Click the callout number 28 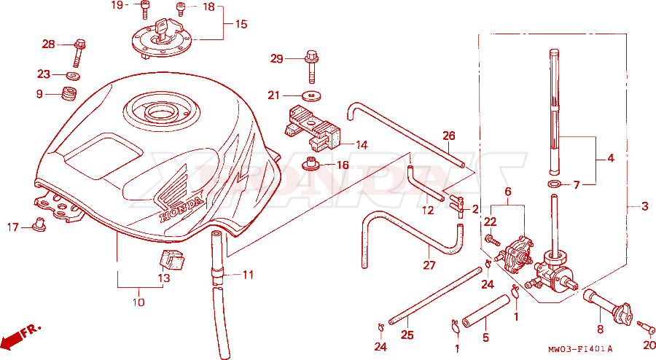tap(49, 44)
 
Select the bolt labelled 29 tap(311, 67)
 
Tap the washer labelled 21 tap(311, 95)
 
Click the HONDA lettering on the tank tap(182, 209)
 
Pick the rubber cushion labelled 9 tap(70, 94)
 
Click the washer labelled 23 tap(73, 76)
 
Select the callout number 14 tap(362, 145)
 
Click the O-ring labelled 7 tap(554, 184)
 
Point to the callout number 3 tap(645, 206)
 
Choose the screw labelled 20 tap(646, 328)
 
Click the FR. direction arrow tap(22, 335)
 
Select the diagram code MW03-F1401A tap(580, 349)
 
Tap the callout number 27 tap(429, 265)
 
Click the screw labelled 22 tap(492, 240)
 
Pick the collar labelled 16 tap(309, 164)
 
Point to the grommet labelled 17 tap(39, 224)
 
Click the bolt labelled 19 tap(144, 10)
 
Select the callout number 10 tap(138, 302)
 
